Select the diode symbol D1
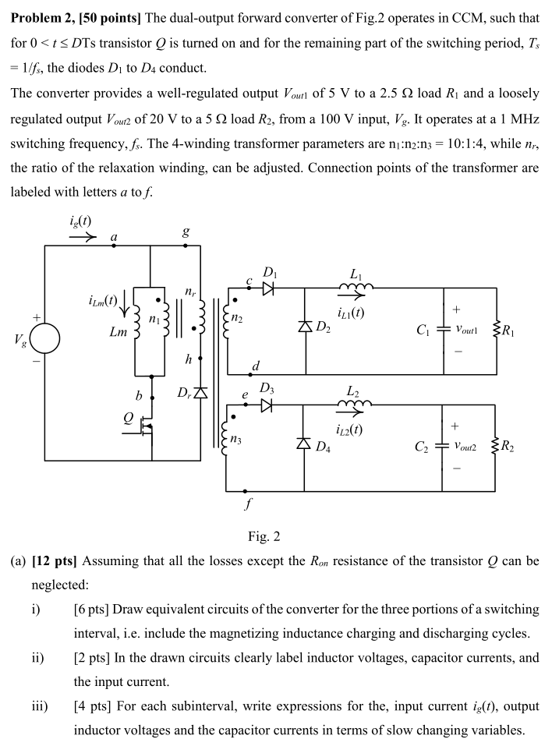pyautogui.click(x=267, y=288)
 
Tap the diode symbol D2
pyautogui.click(x=304, y=325)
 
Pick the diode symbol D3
pyautogui.click(x=267, y=405)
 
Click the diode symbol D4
pyautogui.click(x=304, y=443)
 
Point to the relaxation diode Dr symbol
pyautogui.click(x=201, y=392)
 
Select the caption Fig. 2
pyautogui.click(x=264, y=536)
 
